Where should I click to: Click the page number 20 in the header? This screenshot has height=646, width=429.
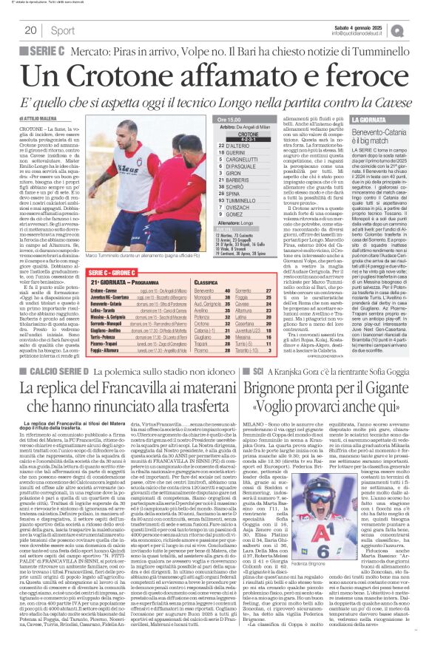coord(31,30)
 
